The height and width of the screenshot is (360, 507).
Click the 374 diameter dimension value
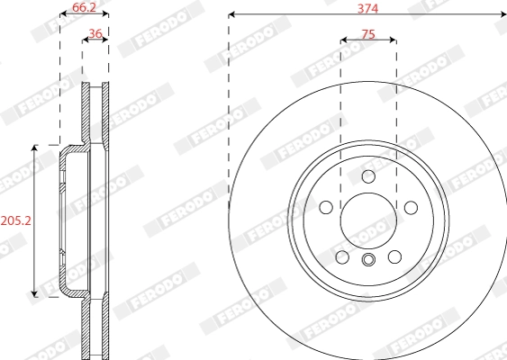(367, 7)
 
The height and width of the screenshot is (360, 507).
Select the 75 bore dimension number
(367, 33)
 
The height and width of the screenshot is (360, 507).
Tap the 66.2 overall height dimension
(84, 7)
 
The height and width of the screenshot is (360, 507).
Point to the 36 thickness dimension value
(95, 34)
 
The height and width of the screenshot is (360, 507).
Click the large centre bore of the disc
(367, 220)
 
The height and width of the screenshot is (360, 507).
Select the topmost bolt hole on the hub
(367, 176)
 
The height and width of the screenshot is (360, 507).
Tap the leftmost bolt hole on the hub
(326, 208)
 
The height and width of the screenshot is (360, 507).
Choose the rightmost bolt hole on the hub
(411, 208)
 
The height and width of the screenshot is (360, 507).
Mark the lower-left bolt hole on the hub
(342, 257)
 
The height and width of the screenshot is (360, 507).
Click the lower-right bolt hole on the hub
(394, 257)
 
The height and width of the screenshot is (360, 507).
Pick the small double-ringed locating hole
(367, 261)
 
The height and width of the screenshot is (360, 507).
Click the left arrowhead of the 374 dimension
(232, 15)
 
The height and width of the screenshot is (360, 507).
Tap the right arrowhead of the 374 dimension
(502, 15)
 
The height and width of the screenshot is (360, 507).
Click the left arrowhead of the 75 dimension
(344, 40)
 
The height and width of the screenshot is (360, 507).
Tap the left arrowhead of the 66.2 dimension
(63, 15)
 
